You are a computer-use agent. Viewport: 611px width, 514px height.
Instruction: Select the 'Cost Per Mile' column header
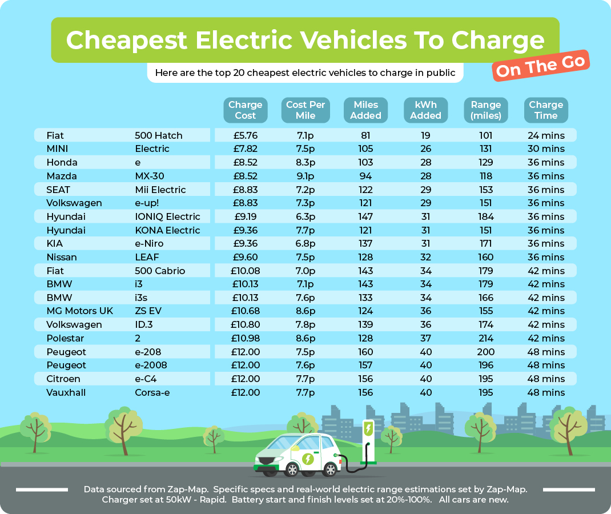(305, 110)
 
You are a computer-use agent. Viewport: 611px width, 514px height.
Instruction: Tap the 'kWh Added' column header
(426, 110)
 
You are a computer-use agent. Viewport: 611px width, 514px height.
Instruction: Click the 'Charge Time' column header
(546, 110)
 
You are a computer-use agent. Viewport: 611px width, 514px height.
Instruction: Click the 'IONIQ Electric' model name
(167, 216)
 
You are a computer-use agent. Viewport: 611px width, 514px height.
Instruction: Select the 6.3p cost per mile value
(305, 216)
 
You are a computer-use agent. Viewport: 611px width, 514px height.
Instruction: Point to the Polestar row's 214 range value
(486, 338)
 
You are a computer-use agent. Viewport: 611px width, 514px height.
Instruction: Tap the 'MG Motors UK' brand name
(80, 311)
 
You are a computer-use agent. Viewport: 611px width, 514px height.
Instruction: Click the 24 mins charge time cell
(545, 135)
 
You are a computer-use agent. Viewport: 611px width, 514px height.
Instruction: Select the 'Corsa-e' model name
(152, 392)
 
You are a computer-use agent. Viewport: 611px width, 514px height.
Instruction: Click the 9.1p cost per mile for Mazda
(305, 176)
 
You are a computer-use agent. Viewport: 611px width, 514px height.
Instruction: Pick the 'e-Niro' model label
(149, 243)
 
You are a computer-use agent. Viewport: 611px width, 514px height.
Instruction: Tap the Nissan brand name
(62, 257)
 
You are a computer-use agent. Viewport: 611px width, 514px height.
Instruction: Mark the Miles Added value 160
(365, 352)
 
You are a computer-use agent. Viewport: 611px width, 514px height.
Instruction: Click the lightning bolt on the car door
(308, 459)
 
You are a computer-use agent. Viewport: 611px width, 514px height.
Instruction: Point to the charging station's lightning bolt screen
(369, 428)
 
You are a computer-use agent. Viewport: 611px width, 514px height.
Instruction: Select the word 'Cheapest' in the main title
(126, 40)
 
